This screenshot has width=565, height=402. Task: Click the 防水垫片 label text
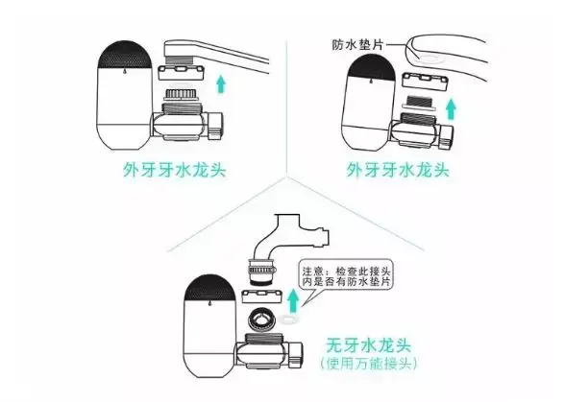[x=357, y=45]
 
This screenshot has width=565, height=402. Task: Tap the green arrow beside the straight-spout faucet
[x=221, y=83]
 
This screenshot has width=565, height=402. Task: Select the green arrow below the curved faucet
[x=450, y=109]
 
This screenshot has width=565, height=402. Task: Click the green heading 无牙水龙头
[x=368, y=345]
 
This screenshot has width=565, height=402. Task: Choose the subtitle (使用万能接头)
[x=368, y=363]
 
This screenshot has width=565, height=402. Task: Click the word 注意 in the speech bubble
[x=311, y=271]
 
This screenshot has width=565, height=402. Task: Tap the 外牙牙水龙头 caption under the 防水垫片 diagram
[x=398, y=170]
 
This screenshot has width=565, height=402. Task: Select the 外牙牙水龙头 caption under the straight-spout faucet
[x=175, y=170]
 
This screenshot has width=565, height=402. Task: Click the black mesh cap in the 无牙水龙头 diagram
[x=210, y=288]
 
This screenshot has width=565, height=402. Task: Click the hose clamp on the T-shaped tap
[x=262, y=270]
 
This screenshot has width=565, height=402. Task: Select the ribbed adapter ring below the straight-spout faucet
[x=182, y=95]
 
